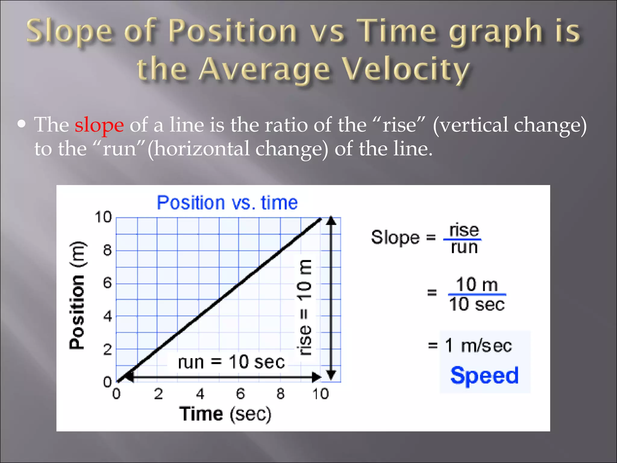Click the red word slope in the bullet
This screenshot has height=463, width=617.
tap(99, 125)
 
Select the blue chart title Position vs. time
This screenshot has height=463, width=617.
tap(227, 203)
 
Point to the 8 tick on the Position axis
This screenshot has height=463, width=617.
tap(107, 250)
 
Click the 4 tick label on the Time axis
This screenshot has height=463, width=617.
tap(200, 394)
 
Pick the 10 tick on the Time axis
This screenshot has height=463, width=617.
tap(320, 394)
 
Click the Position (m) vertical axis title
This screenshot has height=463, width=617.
tap(77, 295)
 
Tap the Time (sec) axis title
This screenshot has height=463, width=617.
tap(225, 414)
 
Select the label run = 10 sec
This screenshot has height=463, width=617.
tap(231, 362)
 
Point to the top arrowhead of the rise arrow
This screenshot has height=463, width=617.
tap(331, 221)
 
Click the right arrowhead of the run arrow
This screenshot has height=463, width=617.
tap(316, 377)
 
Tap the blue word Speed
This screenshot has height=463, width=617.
tap(484, 376)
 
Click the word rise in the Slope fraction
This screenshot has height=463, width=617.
tap(464, 230)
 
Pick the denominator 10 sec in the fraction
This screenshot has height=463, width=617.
tap(477, 304)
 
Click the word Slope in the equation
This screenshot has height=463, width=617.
tap(395, 238)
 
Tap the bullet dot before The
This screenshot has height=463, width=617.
tap(21, 124)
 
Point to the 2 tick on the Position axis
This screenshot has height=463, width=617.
tap(107, 350)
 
